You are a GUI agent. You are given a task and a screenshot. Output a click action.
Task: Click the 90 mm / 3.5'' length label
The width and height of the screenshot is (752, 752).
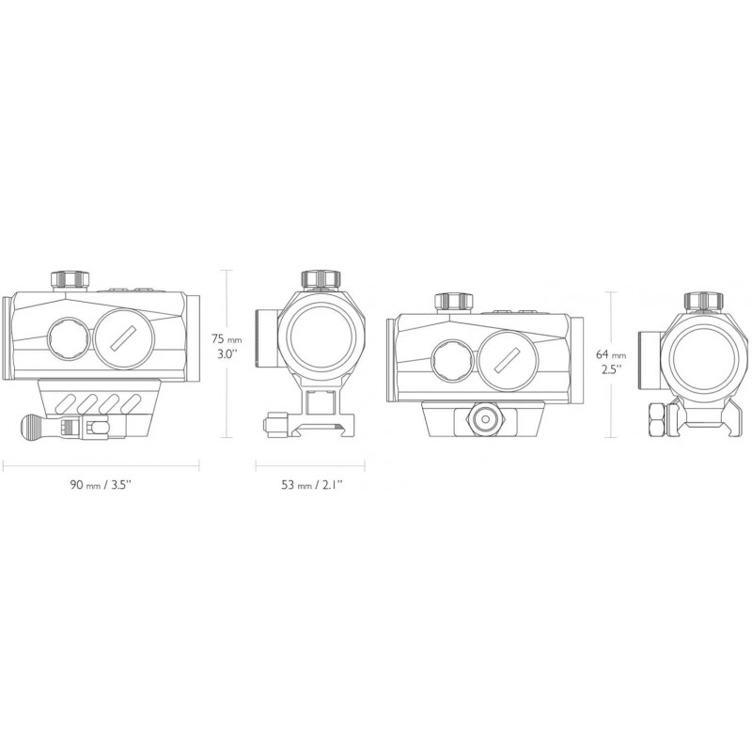101,485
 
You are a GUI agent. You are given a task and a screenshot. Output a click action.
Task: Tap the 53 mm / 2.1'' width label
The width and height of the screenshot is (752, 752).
312,485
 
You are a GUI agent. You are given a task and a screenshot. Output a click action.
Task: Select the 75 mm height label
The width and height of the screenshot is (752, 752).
227,339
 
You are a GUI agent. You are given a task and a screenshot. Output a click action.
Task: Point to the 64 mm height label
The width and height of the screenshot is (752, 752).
611,354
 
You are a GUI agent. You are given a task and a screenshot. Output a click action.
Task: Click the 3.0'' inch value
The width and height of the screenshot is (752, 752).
227,355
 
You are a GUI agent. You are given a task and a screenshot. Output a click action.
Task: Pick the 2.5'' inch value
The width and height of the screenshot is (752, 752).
611,369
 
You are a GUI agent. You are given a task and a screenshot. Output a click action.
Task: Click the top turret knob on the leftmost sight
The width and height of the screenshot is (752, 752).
70,279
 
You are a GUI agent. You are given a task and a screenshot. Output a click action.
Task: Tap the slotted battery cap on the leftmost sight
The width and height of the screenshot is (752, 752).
124,339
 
